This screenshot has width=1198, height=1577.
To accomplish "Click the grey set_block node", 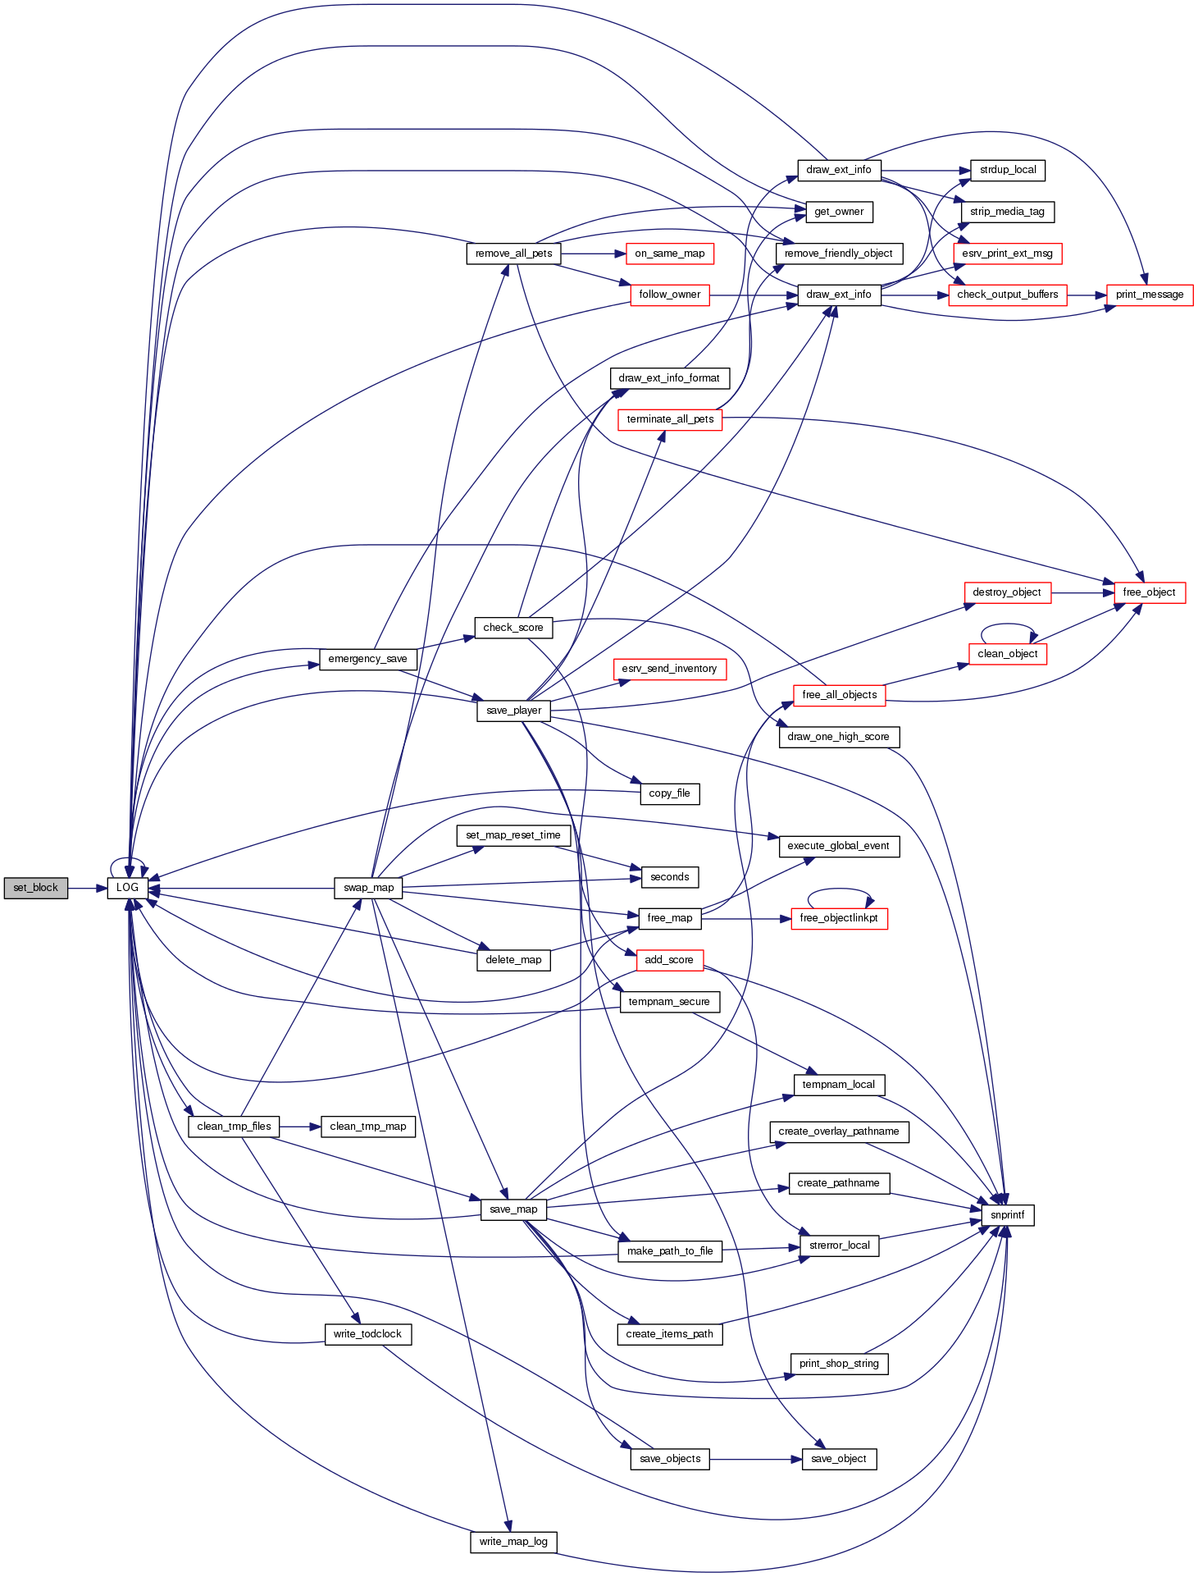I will click(35, 888).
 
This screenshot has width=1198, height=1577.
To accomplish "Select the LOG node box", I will click(127, 888).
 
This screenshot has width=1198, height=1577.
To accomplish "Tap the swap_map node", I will click(368, 888).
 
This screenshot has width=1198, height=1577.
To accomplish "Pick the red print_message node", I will click(1149, 295).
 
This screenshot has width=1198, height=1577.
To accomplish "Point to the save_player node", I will click(513, 711).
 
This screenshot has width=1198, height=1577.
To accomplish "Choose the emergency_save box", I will click(367, 659).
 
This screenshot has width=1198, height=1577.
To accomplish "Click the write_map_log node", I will click(513, 1542).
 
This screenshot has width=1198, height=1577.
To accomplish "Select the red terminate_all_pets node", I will click(670, 419).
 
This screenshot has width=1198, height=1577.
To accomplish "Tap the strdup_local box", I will click(1007, 170).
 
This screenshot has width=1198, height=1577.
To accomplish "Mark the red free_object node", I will click(1149, 592).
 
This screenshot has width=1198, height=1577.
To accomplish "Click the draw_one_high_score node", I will click(838, 737).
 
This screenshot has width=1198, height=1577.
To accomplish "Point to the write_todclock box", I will click(367, 1334).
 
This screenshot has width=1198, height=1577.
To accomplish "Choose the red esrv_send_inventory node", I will click(669, 669).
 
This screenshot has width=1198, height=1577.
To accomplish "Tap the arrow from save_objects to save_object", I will click(755, 1460).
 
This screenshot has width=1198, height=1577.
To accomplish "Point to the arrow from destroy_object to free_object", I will click(1082, 592).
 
